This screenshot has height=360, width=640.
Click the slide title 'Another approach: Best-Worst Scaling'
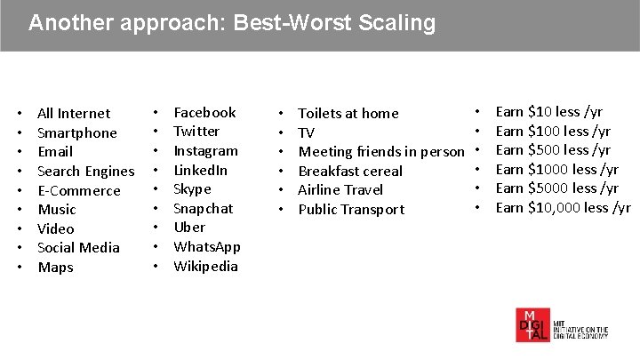tap(232, 23)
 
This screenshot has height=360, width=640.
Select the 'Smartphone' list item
tap(76, 133)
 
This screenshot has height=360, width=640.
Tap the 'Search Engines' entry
tap(85, 172)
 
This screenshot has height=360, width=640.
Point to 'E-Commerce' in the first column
tap(78, 191)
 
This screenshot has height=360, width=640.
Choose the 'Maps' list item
tap(55, 268)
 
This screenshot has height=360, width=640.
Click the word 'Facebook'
tap(204, 113)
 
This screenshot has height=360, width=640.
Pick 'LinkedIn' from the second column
tap(200, 170)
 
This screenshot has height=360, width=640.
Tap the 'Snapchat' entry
tap(203, 209)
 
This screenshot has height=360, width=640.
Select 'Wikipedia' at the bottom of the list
tap(205, 267)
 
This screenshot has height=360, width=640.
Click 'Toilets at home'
tap(348, 114)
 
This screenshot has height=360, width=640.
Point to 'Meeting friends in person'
tap(380, 152)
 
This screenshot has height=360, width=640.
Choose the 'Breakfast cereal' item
tap(349, 172)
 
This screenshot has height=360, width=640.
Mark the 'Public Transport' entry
tap(350, 210)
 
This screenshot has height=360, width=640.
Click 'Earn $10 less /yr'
tap(548, 112)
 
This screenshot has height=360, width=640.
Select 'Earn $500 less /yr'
tap(552, 150)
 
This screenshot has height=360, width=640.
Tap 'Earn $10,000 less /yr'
tap(562, 208)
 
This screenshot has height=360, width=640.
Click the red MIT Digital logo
tap(533, 324)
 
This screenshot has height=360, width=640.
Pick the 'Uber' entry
tap(188, 228)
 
